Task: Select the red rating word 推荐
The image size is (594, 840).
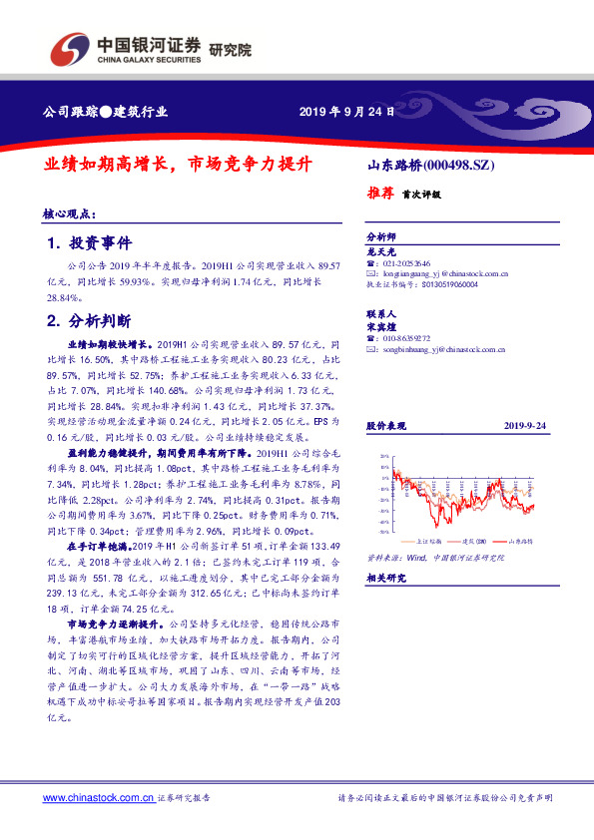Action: click(x=380, y=194)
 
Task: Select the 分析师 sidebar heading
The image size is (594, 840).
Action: click(x=381, y=238)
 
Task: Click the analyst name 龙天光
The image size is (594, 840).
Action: click(x=381, y=253)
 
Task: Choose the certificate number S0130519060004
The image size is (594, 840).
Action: click(x=448, y=283)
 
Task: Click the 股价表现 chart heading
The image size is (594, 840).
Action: click(x=385, y=426)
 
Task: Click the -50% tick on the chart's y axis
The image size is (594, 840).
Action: click(x=384, y=531)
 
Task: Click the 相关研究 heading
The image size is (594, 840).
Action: click(x=385, y=578)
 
